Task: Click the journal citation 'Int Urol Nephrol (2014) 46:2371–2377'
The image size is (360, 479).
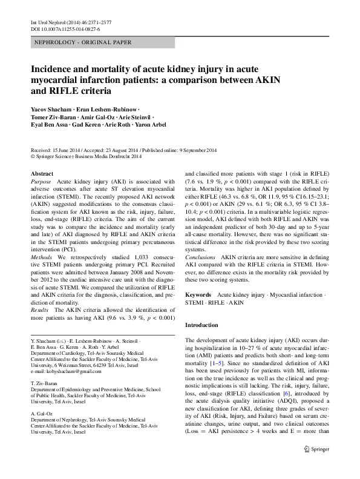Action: coord(70,22)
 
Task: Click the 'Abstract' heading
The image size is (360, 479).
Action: coord(42,173)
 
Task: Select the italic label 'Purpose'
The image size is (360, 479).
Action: coord(41,182)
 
